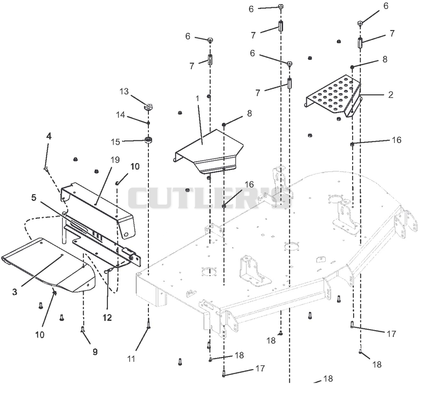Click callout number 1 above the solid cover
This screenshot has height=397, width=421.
[x=198, y=99]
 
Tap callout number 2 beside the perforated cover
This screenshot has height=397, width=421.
[x=390, y=95]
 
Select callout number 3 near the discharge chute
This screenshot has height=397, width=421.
[x=15, y=292]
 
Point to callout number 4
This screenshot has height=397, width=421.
[x=48, y=136]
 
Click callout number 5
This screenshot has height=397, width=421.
[x=34, y=198]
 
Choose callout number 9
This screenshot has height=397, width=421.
[x=95, y=352]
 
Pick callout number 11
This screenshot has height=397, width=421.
[x=131, y=359]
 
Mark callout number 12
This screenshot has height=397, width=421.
[x=107, y=318]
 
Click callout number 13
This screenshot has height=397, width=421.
[x=124, y=91]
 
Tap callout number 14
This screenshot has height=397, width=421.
[x=121, y=115]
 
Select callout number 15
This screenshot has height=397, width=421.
[x=115, y=142]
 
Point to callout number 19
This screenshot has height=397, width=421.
[x=115, y=160]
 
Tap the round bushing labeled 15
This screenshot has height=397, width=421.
[x=148, y=140]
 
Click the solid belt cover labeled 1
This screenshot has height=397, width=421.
[x=208, y=151]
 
